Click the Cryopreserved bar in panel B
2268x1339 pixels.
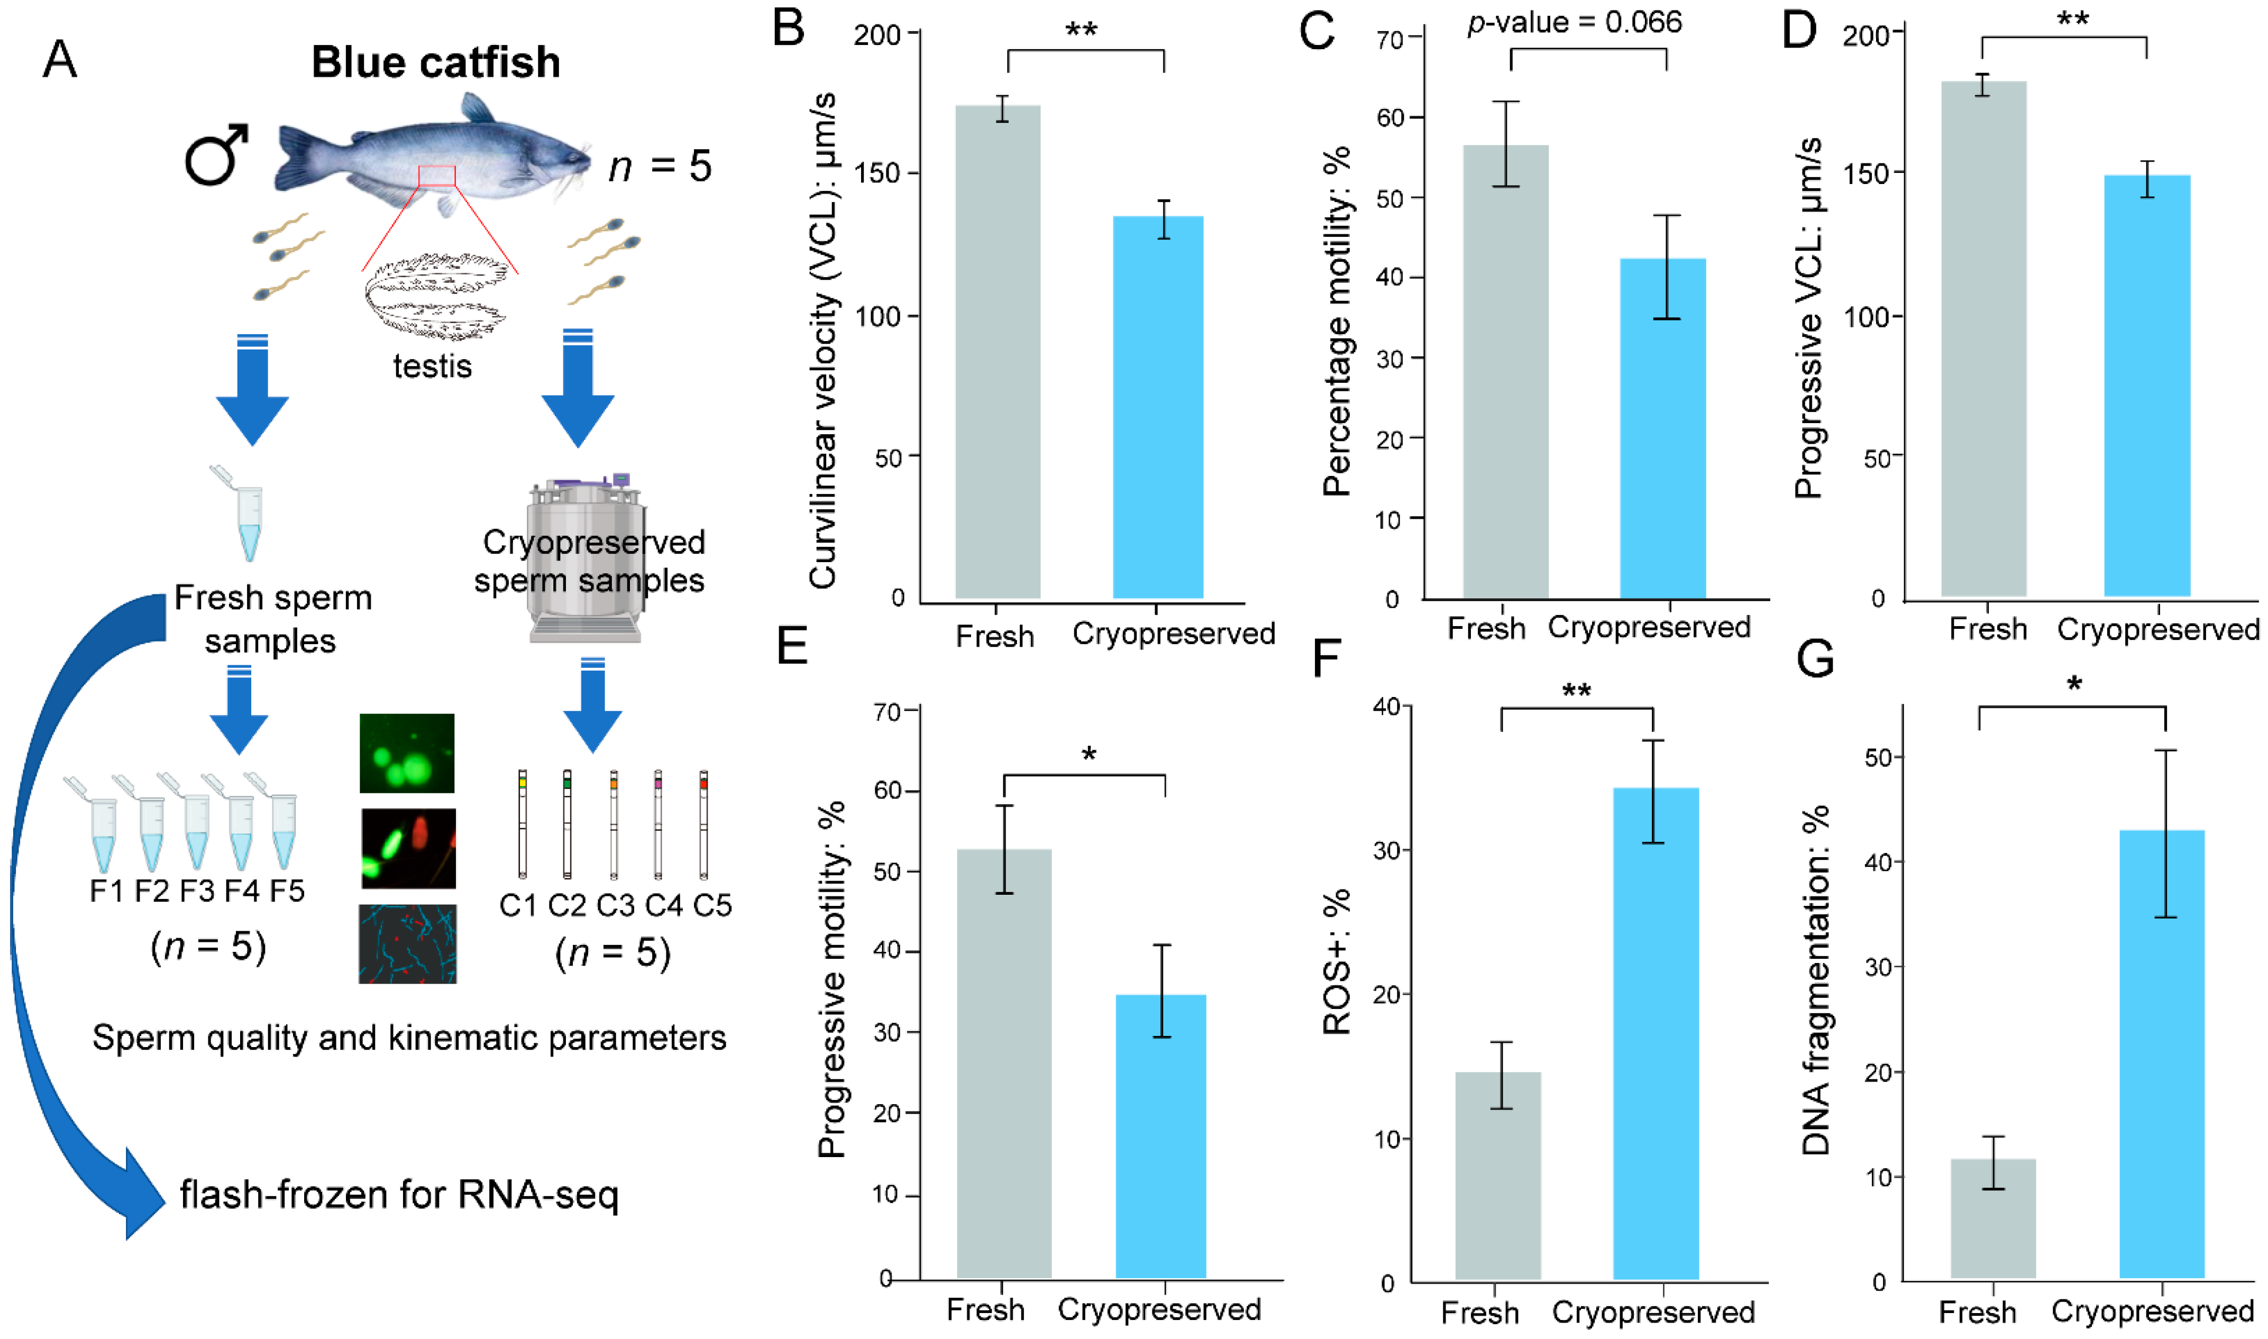1157,406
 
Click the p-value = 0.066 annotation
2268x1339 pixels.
1574,22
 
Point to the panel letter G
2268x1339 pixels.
1815,659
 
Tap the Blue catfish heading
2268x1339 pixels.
436,62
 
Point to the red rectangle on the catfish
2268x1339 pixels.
437,176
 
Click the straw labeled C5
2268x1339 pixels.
703,823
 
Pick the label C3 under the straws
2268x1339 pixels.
615,905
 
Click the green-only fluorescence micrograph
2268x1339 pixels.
407,754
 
